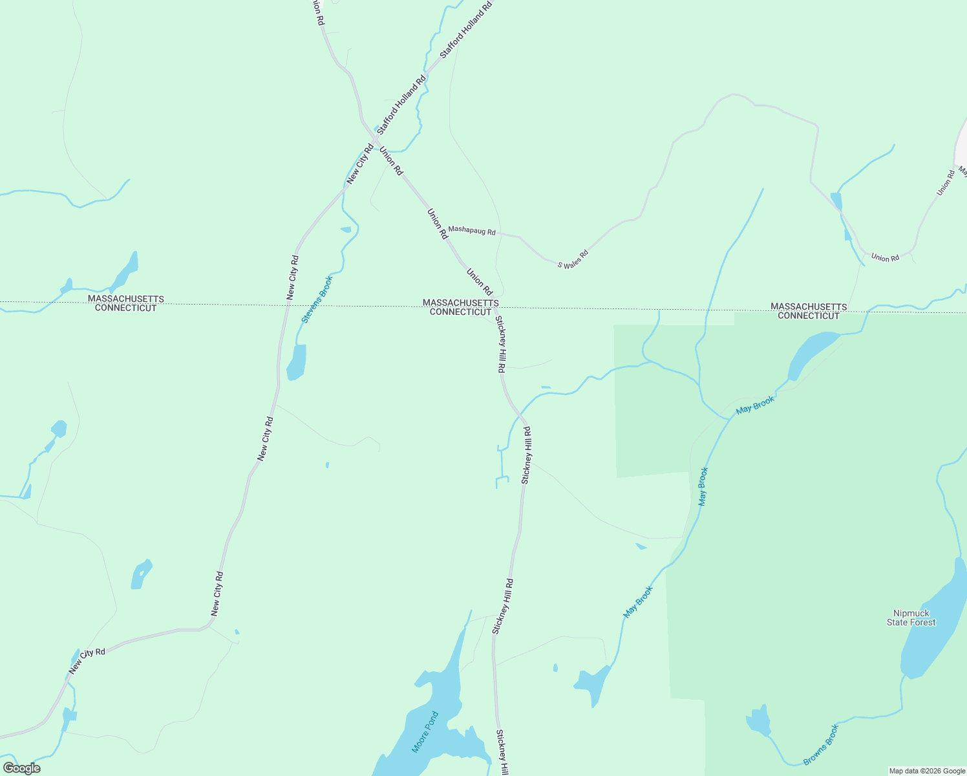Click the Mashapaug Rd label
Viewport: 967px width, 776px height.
pos(472,230)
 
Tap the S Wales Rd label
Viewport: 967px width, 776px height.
pos(573,259)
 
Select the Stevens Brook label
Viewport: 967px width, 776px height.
pos(317,299)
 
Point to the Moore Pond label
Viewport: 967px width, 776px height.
pos(425,732)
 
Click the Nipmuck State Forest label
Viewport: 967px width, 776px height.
pos(911,618)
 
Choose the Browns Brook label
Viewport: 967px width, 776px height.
pos(822,744)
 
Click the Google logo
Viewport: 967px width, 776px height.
pos(21,768)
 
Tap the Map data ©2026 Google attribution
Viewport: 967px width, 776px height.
pos(927,771)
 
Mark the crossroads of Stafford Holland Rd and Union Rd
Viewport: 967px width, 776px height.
pos(376,138)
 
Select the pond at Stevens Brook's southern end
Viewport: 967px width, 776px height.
pos(297,362)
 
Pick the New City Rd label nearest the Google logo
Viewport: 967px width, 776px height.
pos(87,661)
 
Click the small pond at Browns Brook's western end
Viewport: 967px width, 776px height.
pos(759,721)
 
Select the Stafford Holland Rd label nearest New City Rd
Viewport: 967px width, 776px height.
pos(401,105)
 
